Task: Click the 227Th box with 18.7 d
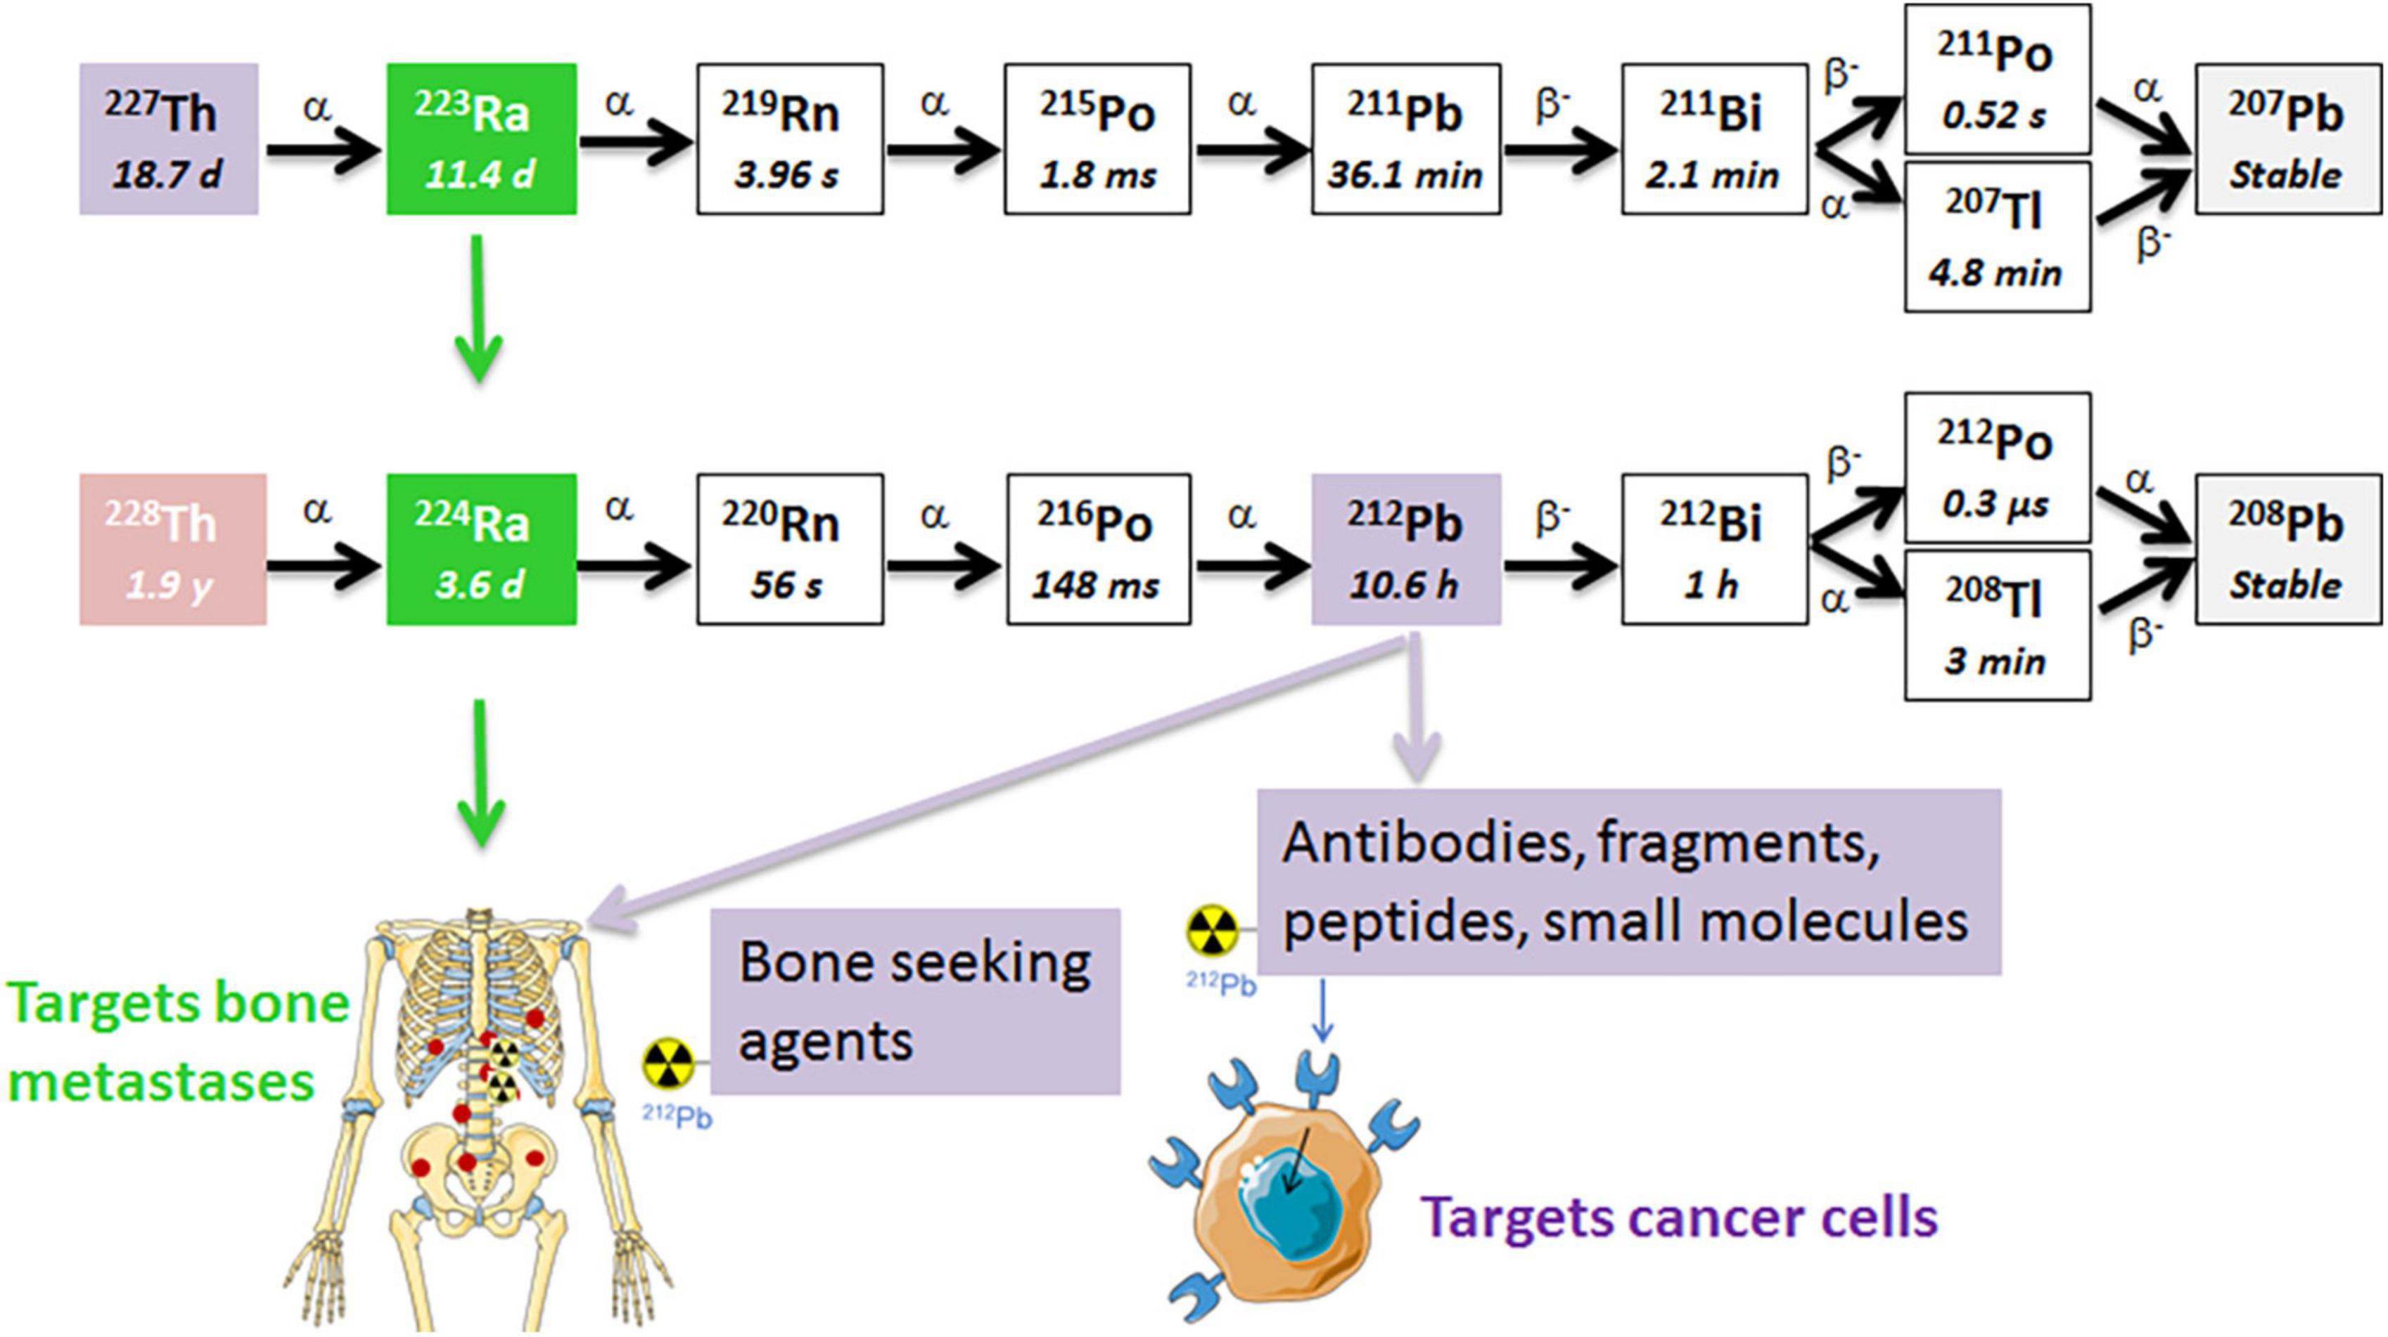coord(168,139)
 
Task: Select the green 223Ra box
coord(481,139)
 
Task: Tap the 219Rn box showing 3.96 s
coord(790,139)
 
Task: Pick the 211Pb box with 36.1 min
coord(1405,139)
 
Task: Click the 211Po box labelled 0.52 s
coord(1997,79)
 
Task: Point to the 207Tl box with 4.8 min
coord(1997,237)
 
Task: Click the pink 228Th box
coord(172,550)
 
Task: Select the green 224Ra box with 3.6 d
coord(481,550)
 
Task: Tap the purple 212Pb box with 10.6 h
coord(1405,550)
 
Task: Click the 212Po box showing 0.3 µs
coord(1997,468)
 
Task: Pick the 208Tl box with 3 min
coord(1997,626)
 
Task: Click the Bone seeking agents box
coord(915,1001)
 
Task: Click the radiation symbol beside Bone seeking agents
coord(668,1064)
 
